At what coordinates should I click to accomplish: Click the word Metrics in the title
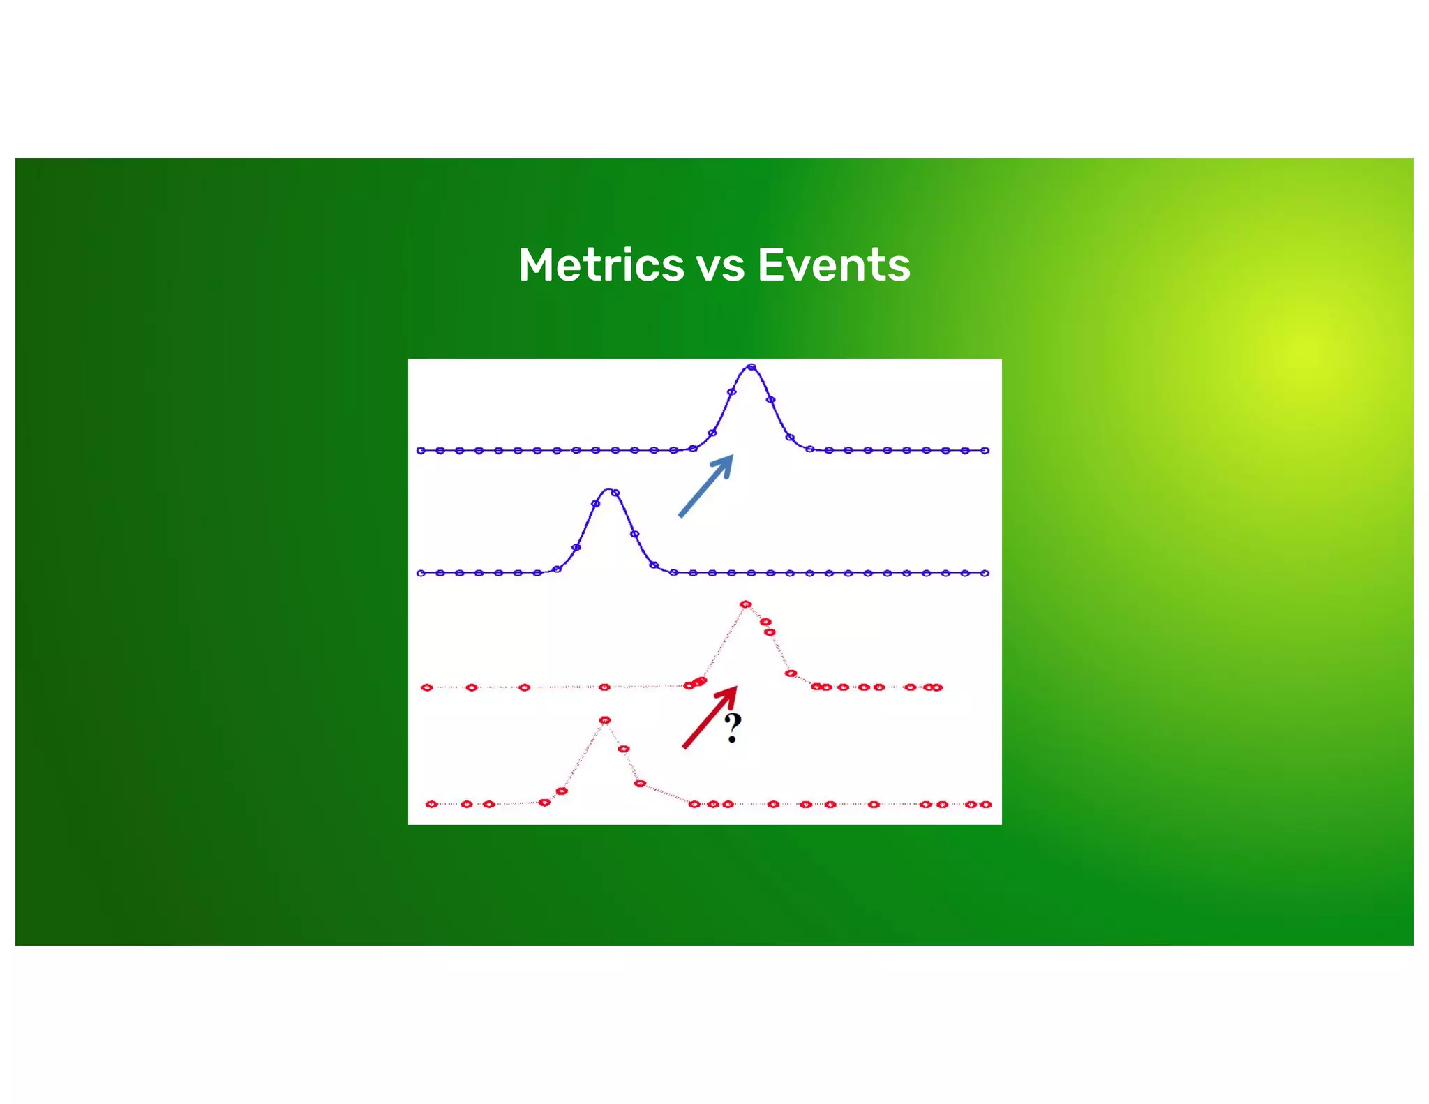coord(601,265)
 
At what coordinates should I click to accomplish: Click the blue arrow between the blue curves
coord(706,486)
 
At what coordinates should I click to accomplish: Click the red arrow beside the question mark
coord(709,718)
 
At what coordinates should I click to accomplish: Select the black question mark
coord(732,728)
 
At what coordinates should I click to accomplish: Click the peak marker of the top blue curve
coord(751,366)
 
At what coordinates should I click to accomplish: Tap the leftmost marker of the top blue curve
coord(421,451)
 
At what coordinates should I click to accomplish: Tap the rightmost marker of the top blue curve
coord(985,451)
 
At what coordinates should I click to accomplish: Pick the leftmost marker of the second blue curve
coord(421,573)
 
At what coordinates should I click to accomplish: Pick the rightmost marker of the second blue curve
coord(985,573)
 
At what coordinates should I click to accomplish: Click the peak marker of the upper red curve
coord(745,604)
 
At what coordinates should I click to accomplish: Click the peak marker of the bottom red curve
coord(605,720)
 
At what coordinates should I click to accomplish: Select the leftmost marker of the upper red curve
coord(427,687)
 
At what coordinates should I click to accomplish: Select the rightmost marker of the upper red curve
coord(938,687)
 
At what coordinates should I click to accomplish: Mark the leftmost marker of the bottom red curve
coord(431,804)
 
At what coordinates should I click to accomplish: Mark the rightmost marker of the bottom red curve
coord(985,805)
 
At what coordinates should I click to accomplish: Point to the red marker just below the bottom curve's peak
coord(624,749)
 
